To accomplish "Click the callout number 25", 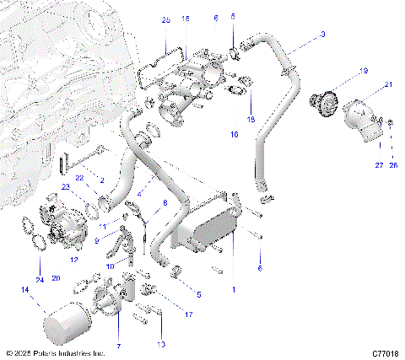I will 166,18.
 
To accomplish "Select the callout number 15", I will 186,18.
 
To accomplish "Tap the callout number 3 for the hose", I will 321,35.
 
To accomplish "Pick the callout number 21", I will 388,84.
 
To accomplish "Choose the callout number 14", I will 24,289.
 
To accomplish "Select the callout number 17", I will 188,314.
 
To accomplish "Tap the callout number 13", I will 161,345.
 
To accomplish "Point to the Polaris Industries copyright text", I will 55,353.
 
